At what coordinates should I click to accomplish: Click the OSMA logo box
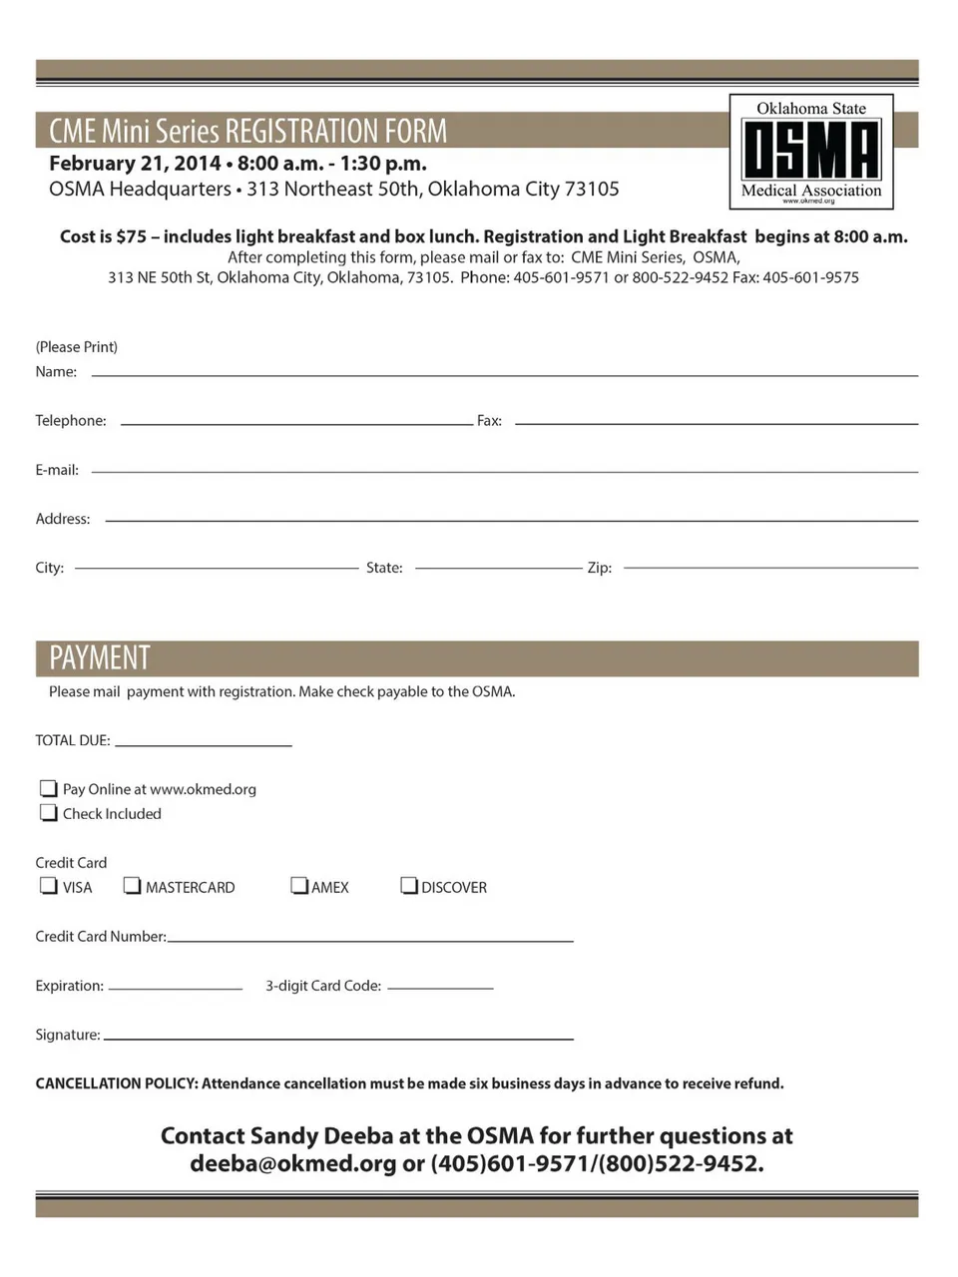coord(811,152)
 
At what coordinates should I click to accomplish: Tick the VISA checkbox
coord(48,885)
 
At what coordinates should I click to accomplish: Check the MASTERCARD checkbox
coord(132,885)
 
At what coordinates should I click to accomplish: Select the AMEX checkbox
coord(298,885)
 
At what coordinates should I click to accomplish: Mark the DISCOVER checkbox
coord(408,885)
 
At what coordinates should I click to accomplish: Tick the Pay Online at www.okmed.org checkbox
coord(48,788)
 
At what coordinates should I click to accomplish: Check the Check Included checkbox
coord(48,812)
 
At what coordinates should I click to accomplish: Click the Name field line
coord(504,373)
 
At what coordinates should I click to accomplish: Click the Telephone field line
coord(296,422)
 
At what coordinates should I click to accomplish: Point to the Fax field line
coord(716,422)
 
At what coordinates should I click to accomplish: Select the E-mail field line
coord(504,471)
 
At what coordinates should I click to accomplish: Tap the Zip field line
coord(769,567)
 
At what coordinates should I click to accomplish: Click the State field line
coord(497,567)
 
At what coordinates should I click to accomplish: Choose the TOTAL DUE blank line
coord(203,743)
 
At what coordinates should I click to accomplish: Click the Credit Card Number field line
coord(370,939)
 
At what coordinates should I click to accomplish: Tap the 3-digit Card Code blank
coord(440,987)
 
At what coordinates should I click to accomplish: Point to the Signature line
coord(338,1038)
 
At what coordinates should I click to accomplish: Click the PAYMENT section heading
coord(100,658)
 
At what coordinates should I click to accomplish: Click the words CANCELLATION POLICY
coord(116,1083)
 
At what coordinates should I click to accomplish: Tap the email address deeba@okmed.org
coord(292,1163)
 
